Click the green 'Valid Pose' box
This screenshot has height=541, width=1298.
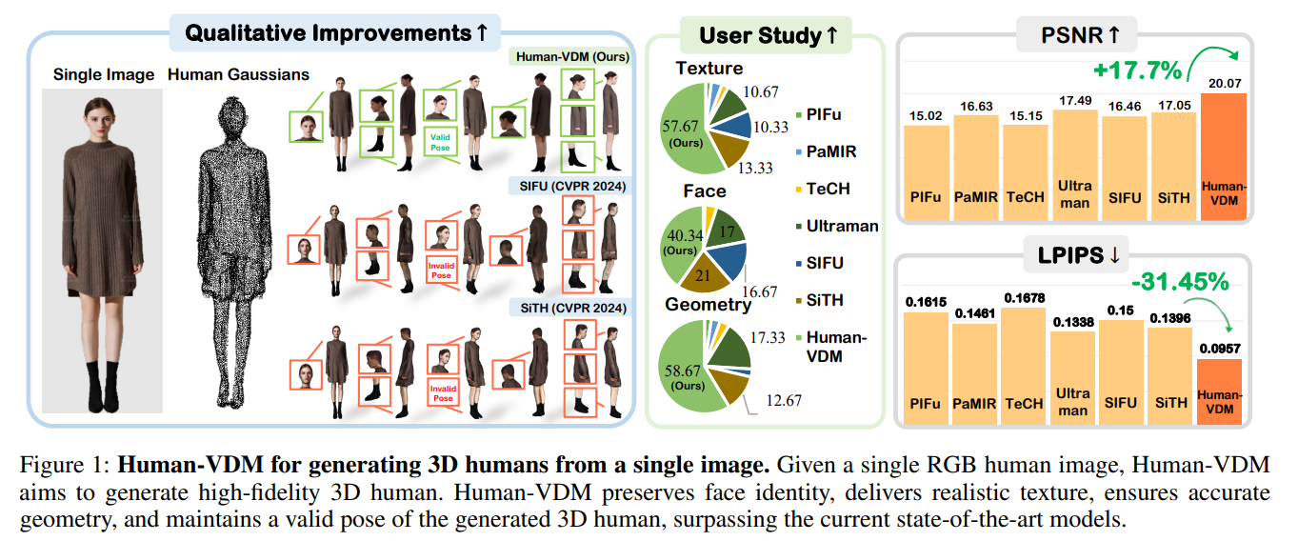point(438,142)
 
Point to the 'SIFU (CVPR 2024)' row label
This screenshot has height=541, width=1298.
point(570,187)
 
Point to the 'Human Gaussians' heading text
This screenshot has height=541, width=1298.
point(238,73)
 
